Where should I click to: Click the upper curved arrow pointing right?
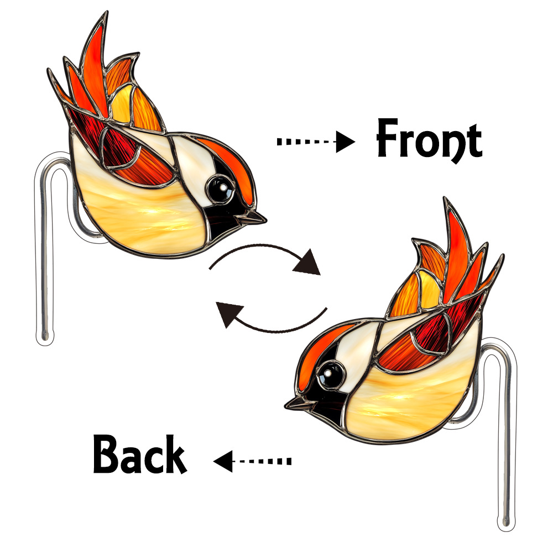(265, 260)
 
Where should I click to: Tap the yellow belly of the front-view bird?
(144, 216)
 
